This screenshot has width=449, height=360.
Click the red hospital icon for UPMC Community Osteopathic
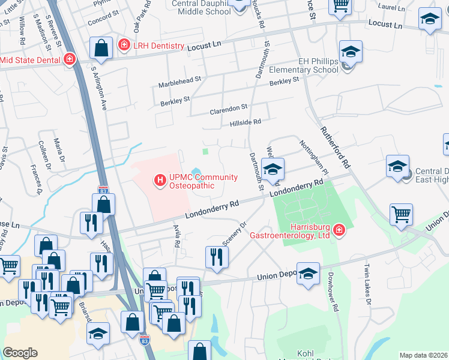click(160, 179)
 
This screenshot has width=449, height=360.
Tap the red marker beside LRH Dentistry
click(124, 44)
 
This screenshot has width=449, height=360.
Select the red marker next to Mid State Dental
click(69, 59)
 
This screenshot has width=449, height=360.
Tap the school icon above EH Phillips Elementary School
click(350, 52)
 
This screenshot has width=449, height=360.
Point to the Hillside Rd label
click(246, 122)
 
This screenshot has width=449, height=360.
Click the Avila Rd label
click(176, 236)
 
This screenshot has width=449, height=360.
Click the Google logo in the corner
click(20, 353)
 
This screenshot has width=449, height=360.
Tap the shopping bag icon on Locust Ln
click(101, 49)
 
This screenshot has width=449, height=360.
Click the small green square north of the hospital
click(206, 152)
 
